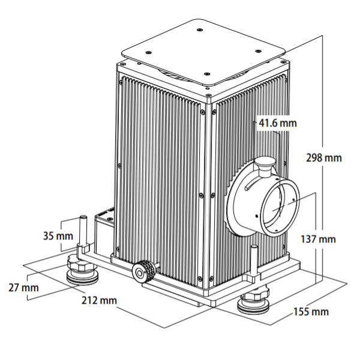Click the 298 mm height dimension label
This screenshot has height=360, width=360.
tap(324, 158)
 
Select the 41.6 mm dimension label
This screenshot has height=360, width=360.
tap(278, 123)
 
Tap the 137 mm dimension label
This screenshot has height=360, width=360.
tap(318, 239)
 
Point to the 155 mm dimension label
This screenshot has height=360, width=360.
tap(311, 311)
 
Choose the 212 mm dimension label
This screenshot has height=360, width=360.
tap(99, 301)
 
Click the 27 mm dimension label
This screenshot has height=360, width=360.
tap(23, 287)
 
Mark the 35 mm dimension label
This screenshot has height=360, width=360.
tap(58, 236)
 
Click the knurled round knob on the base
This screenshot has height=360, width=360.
tap(144, 272)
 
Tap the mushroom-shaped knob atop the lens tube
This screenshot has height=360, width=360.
tap(265, 166)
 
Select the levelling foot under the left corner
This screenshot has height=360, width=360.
tap(82, 271)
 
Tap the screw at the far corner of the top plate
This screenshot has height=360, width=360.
tap(200, 30)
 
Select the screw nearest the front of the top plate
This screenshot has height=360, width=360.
tap(207, 74)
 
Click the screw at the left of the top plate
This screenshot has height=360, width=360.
tap(149, 52)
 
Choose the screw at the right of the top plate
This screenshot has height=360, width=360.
tap(258, 51)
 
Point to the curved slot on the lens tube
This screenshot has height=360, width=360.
tap(252, 183)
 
